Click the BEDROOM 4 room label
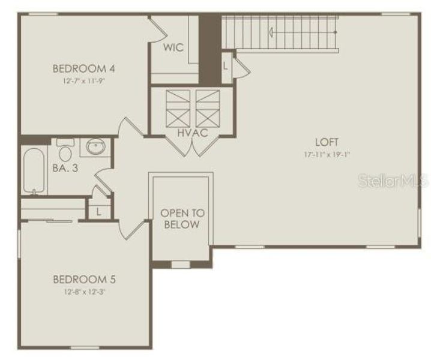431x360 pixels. tap(83, 68)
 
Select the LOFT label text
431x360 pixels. tap(327, 142)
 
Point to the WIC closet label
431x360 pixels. tap(173, 47)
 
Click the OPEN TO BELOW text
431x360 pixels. tap(182, 218)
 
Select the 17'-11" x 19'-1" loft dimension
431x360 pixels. tap(327, 154)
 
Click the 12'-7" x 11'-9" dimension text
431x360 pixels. tap(83, 80)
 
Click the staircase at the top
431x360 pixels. tap(279, 33)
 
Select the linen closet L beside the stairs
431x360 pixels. tap(225, 65)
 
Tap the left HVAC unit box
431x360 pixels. tap(177, 106)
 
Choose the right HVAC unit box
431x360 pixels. tap(208, 106)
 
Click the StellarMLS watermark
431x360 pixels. tap(393, 181)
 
